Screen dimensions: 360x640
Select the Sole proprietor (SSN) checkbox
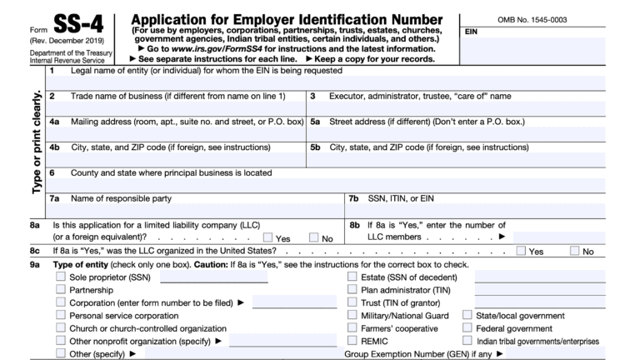[61, 277]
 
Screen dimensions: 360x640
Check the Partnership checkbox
[61, 290]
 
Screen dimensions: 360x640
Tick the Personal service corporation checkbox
[61, 316]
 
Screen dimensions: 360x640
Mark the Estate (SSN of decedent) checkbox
[352, 277]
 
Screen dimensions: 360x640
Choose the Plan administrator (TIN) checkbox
[352, 290]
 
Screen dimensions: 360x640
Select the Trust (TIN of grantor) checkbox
[352, 302]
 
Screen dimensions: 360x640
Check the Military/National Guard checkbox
[352, 316]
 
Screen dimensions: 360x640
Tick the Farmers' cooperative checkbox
[352, 328]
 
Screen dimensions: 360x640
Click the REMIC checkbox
[352, 341]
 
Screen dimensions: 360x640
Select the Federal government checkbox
[467, 328]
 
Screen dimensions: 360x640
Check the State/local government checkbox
[467, 316]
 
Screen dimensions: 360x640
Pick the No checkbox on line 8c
[575, 250]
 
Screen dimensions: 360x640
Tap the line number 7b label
[354, 198]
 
